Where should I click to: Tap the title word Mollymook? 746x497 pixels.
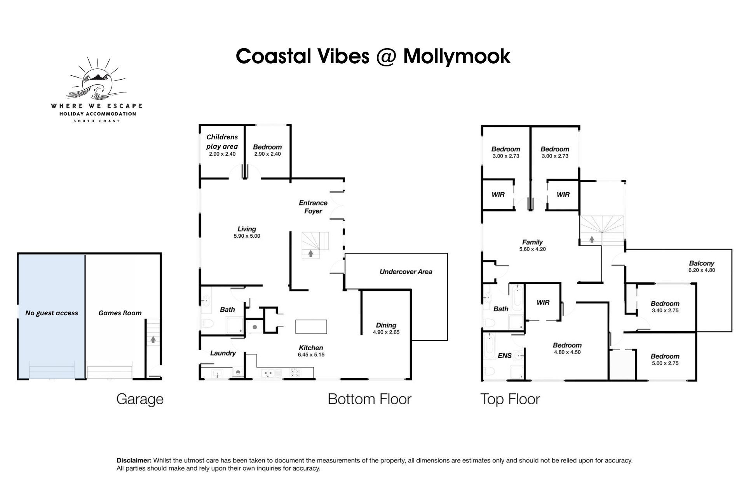pyautogui.click(x=457, y=57)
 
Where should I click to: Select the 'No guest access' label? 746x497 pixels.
pyautogui.click(x=52, y=313)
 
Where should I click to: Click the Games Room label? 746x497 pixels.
pyautogui.click(x=120, y=313)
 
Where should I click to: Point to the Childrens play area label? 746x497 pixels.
pyautogui.click(x=222, y=142)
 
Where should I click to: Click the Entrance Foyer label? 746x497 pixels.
pyautogui.click(x=313, y=207)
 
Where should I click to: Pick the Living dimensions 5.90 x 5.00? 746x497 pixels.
pyautogui.click(x=247, y=236)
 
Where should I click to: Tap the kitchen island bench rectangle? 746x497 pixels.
pyautogui.click(x=311, y=327)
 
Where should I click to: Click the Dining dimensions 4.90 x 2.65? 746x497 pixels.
pyautogui.click(x=386, y=332)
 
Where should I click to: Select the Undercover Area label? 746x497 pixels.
pyautogui.click(x=406, y=272)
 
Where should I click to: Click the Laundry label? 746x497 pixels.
pyautogui.click(x=223, y=353)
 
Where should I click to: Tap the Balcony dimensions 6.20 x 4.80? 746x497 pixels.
pyautogui.click(x=702, y=270)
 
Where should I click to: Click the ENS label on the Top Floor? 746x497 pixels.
pyautogui.click(x=505, y=356)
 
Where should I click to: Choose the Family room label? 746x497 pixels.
pyautogui.click(x=532, y=242)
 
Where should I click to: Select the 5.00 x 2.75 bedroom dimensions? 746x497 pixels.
pyautogui.click(x=665, y=363)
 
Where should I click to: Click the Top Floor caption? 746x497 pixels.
pyautogui.click(x=510, y=399)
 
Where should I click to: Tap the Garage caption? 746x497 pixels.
pyautogui.click(x=140, y=400)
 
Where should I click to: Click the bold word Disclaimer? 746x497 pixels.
pyautogui.click(x=134, y=461)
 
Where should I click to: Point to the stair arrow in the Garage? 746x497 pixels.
pyautogui.click(x=153, y=340)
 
